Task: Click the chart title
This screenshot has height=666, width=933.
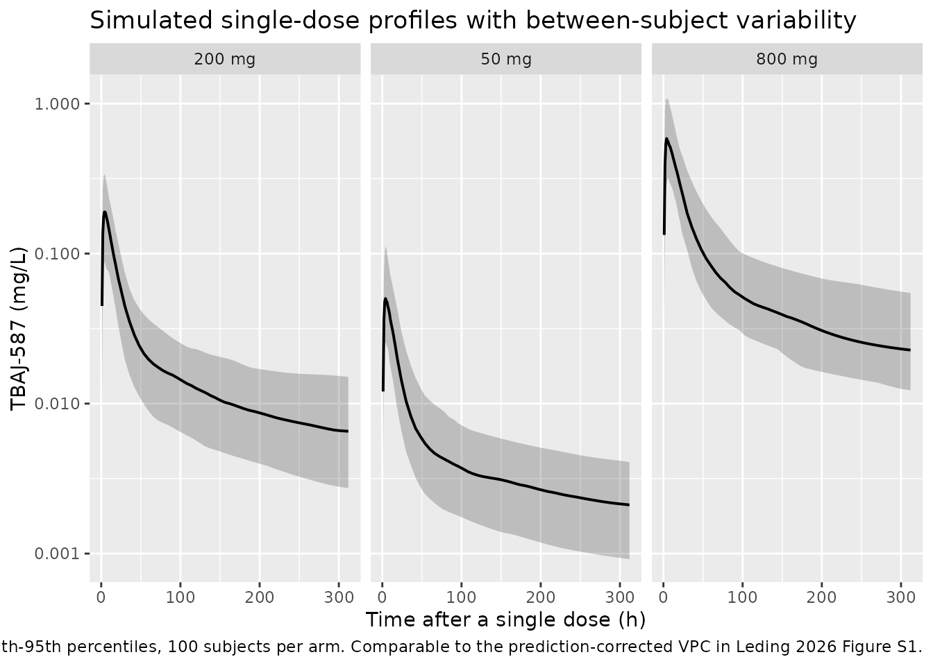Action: tap(473, 20)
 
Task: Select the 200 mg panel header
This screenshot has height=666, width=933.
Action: tap(225, 59)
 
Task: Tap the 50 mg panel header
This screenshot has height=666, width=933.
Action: tap(506, 59)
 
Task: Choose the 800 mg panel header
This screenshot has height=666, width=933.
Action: tap(787, 59)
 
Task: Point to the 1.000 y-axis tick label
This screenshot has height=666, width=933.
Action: tap(57, 103)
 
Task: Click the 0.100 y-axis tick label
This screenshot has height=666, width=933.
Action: tap(57, 253)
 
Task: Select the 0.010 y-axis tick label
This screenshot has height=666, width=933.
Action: tap(57, 403)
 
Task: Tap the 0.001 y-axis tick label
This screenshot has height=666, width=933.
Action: tap(57, 554)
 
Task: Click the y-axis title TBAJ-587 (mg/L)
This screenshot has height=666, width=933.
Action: tap(18, 329)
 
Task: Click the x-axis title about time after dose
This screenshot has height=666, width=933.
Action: tap(505, 620)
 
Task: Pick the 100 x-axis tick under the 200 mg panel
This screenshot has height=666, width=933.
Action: tap(180, 598)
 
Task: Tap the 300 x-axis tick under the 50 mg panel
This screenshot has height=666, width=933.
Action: tap(620, 598)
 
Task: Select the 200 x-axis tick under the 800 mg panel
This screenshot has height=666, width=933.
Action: tap(821, 598)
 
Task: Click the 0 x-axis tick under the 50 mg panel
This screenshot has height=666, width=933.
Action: tap(383, 598)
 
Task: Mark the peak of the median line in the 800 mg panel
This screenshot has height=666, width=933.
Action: tap(667, 139)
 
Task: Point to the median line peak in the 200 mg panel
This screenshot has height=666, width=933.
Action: tap(105, 212)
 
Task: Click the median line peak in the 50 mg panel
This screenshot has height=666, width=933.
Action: tap(386, 298)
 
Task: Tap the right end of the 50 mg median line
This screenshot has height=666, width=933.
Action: tap(629, 505)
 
